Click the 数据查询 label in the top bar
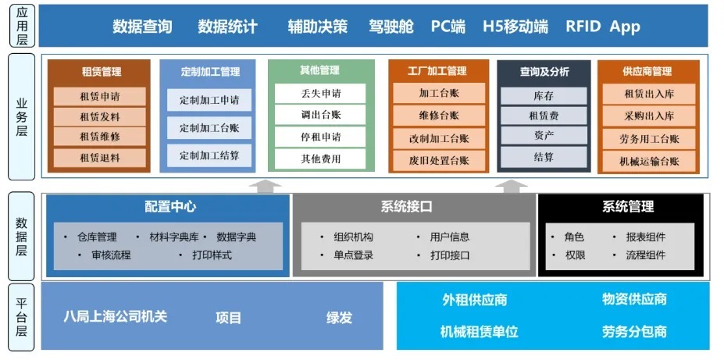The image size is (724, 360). [x=142, y=27]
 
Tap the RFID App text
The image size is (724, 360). [x=603, y=27]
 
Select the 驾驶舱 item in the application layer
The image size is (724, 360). [x=391, y=27]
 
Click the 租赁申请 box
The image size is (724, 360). [x=100, y=97]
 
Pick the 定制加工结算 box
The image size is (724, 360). [x=209, y=155]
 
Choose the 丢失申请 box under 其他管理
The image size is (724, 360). [x=320, y=94]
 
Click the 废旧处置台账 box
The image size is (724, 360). [x=439, y=161]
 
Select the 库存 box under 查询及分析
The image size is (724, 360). [x=544, y=96]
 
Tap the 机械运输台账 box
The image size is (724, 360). [x=649, y=162]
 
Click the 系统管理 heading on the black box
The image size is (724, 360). [x=628, y=206]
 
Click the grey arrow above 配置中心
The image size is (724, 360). [x=265, y=187]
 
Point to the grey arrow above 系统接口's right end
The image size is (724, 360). [x=512, y=187]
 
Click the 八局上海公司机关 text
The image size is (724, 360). [x=115, y=316]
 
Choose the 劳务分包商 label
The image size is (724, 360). [x=634, y=331]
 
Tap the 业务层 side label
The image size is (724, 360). [x=22, y=117]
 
